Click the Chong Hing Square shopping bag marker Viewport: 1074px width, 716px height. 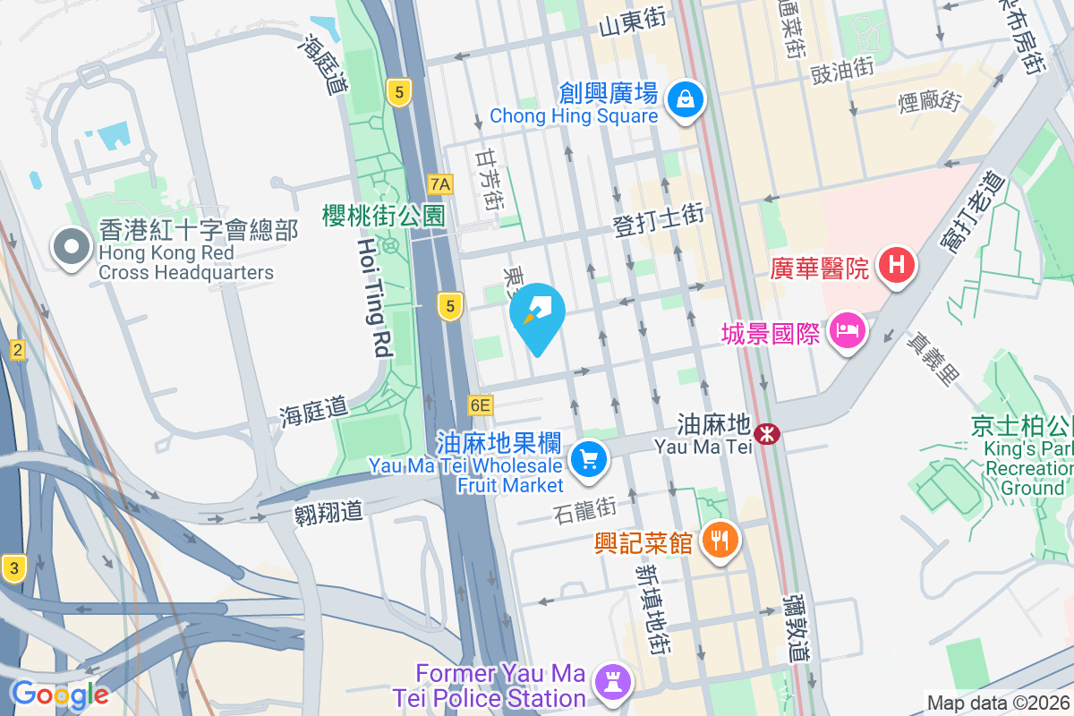685,98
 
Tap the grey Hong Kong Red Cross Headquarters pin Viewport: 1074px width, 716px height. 71,247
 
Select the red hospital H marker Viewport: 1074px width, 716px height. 895,265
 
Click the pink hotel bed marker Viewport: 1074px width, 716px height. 847,332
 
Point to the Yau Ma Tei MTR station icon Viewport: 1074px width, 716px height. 766,434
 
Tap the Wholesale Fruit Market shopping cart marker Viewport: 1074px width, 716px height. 589,460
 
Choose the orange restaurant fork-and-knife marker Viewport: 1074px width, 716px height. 720,540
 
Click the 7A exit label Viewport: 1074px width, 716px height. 441,184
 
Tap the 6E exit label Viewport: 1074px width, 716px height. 480,405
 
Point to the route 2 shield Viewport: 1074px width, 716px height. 17,350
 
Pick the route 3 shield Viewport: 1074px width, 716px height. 13,567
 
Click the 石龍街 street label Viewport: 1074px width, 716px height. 585,511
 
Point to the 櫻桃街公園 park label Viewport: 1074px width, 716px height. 384,215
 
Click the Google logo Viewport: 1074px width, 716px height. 61,694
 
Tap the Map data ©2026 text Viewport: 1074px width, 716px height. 998,703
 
